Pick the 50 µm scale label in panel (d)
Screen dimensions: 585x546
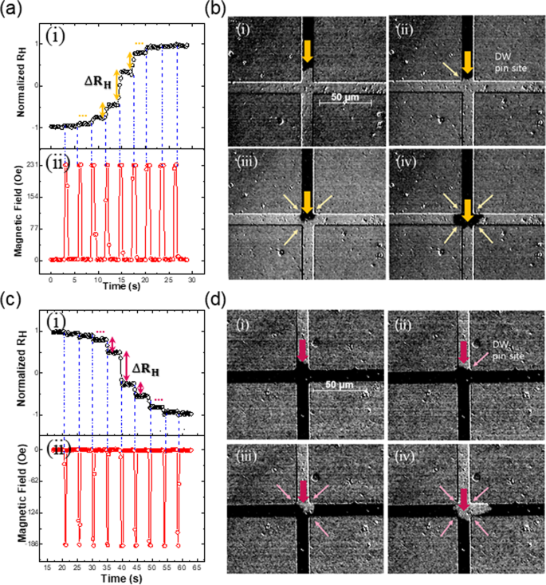(343, 385)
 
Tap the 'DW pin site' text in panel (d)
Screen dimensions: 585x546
(505, 344)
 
